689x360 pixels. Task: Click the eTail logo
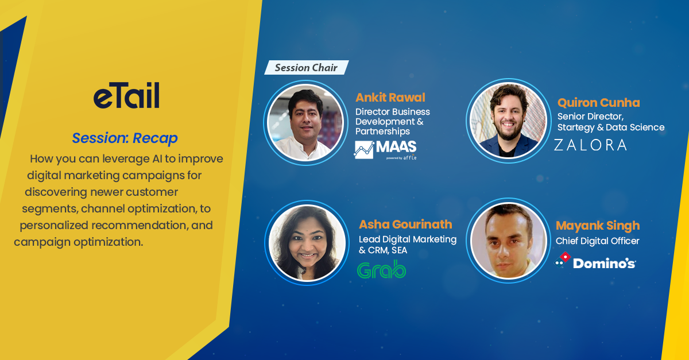[126, 95]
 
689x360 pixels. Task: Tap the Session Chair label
[307, 67]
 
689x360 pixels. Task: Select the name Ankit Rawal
[390, 98]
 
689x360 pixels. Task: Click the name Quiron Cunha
[598, 102]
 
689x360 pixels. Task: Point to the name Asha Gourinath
[405, 224]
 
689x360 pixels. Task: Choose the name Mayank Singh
[598, 226]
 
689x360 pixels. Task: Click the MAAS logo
[385, 150]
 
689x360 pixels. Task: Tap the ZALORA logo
[590, 145]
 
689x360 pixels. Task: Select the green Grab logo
[381, 269]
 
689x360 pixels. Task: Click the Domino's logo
[595, 261]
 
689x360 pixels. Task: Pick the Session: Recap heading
[125, 138]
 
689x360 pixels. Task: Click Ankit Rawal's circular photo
[305, 122]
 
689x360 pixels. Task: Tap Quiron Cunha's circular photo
[509, 121]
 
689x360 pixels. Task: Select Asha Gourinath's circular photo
[307, 242]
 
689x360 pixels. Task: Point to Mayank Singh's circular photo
[509, 241]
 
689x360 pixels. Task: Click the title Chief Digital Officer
[597, 241]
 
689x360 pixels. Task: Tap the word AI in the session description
[157, 159]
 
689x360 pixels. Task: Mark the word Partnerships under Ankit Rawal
[382, 131]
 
